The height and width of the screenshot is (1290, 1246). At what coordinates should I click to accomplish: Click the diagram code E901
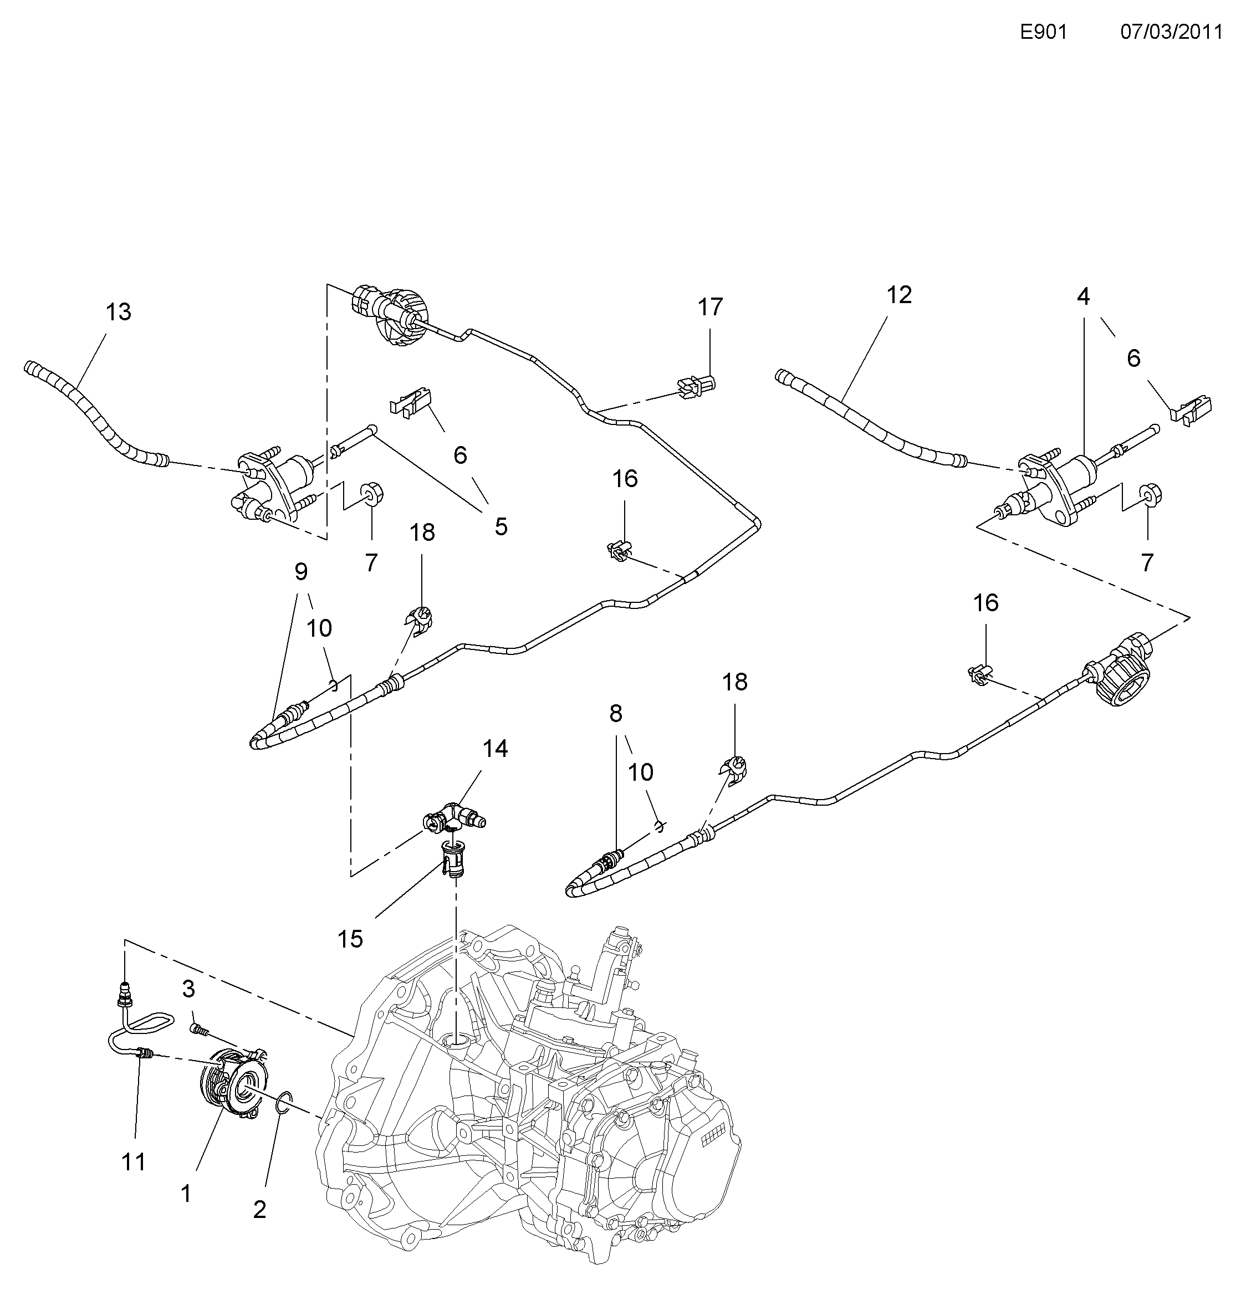pos(1043,32)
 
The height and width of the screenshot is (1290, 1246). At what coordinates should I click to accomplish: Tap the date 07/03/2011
pos(1172,32)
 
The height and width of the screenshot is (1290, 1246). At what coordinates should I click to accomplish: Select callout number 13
pos(119,312)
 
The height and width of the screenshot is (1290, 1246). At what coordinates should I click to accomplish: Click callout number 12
pos(899,295)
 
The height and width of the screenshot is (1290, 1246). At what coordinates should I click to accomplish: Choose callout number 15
pos(350,939)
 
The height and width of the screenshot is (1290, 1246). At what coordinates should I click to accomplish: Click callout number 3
pos(189,988)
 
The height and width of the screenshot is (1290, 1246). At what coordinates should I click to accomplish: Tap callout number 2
pos(259,1209)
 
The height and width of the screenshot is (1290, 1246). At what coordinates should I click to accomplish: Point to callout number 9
pos(301,572)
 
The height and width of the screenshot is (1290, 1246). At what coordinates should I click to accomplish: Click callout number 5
pos(501,526)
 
